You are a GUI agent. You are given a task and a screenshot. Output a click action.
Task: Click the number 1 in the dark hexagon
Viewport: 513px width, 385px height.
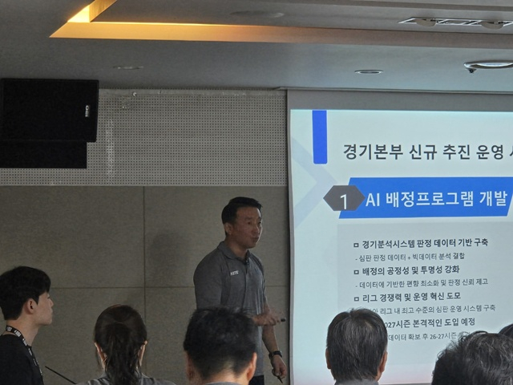[x=344, y=201]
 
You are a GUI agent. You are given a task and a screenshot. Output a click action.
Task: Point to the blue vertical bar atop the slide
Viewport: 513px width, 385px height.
[x=319, y=137]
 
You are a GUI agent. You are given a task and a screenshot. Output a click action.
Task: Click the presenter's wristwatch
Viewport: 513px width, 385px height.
[x=276, y=354]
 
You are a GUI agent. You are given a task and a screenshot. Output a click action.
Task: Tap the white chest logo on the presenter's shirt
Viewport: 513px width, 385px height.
[x=234, y=273]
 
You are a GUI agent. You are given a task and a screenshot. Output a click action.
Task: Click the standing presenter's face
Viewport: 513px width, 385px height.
[x=244, y=225]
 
